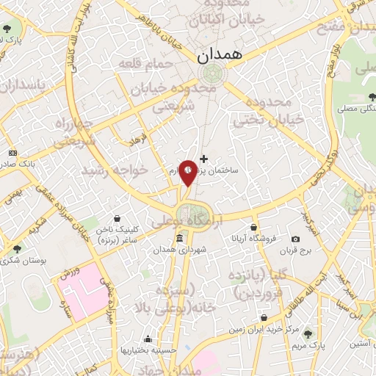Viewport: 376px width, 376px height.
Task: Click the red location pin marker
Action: click(188, 171)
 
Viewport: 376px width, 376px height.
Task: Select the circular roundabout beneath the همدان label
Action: click(211, 73)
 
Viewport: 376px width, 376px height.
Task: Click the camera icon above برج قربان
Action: click(295, 239)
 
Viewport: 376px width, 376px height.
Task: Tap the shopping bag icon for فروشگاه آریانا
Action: click(253, 227)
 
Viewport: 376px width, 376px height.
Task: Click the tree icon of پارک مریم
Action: click(308, 333)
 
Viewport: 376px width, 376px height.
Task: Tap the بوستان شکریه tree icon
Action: click(16, 249)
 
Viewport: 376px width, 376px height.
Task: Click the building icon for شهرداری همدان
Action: click(180, 239)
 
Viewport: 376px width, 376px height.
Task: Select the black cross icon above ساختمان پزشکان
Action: click(203, 158)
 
